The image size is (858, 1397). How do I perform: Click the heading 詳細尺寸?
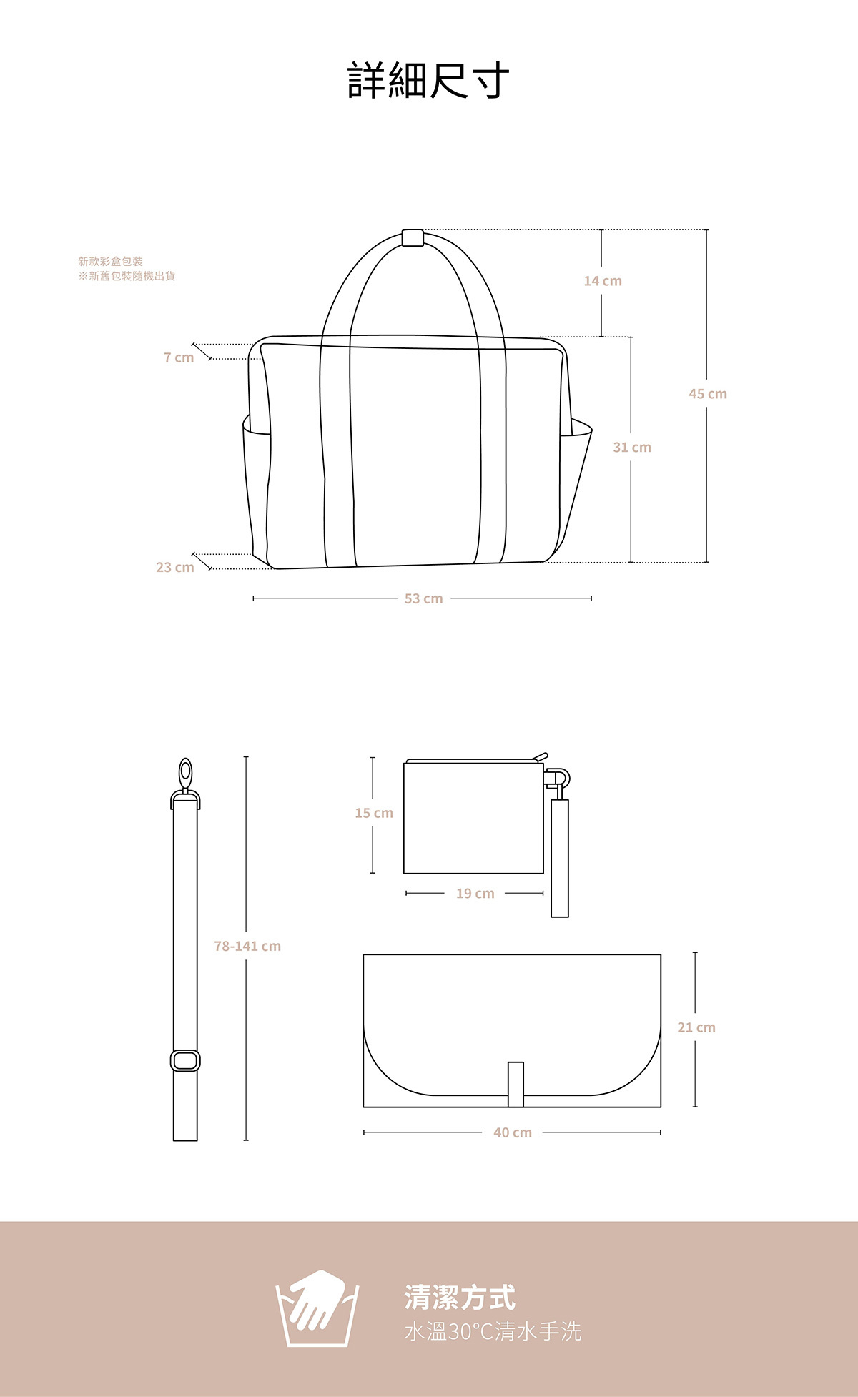(x=428, y=80)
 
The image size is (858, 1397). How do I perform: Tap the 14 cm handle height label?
(x=603, y=281)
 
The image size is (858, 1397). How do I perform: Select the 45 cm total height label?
(x=708, y=394)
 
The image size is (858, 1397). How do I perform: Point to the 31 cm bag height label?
(x=632, y=448)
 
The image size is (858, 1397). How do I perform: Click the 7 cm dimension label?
(x=179, y=357)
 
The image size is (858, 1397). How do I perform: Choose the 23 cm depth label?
(x=175, y=567)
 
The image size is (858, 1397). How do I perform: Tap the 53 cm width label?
(x=424, y=598)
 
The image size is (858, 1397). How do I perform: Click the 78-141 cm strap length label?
(x=247, y=946)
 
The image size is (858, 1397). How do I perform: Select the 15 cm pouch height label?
(x=374, y=813)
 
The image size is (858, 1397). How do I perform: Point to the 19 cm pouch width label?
(x=475, y=893)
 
